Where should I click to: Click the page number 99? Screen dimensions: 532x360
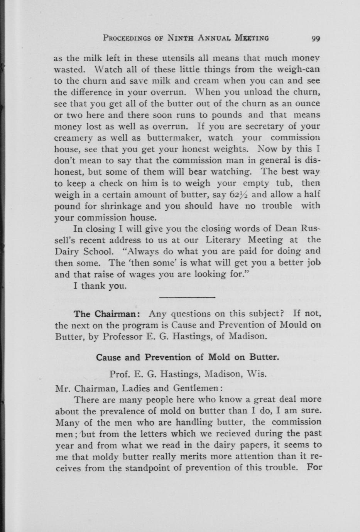(316, 38)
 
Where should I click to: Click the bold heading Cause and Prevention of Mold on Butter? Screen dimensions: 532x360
(187, 357)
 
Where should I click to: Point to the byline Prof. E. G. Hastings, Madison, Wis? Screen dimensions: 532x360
(188, 374)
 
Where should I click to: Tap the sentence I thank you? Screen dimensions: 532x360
(100, 286)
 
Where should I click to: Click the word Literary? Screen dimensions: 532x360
(223, 240)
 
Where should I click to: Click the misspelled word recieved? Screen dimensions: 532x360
(228, 434)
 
